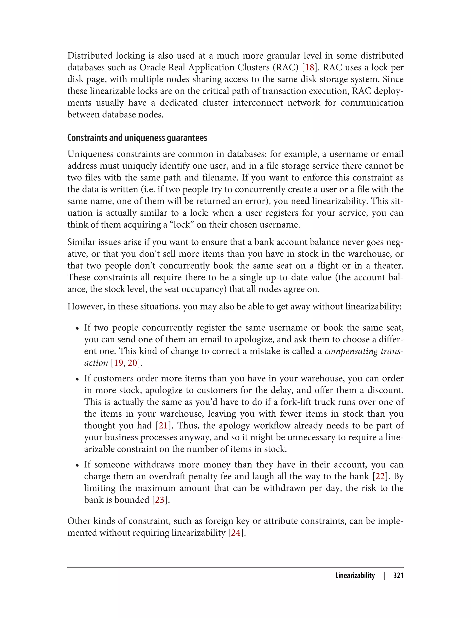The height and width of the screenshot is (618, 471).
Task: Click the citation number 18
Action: (310, 68)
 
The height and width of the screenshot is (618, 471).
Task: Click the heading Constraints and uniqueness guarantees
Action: (137, 138)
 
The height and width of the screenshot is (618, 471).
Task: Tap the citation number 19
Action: (118, 363)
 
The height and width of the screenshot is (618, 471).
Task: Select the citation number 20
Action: (132, 363)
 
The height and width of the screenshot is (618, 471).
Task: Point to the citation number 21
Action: (163, 426)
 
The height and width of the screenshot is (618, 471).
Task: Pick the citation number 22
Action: (380, 476)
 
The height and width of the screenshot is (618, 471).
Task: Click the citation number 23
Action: (160, 500)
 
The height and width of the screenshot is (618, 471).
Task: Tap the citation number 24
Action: (236, 533)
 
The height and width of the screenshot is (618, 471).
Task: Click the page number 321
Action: (398, 575)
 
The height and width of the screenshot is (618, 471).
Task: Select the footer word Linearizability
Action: (355, 575)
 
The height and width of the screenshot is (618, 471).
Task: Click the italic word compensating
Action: (351, 351)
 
